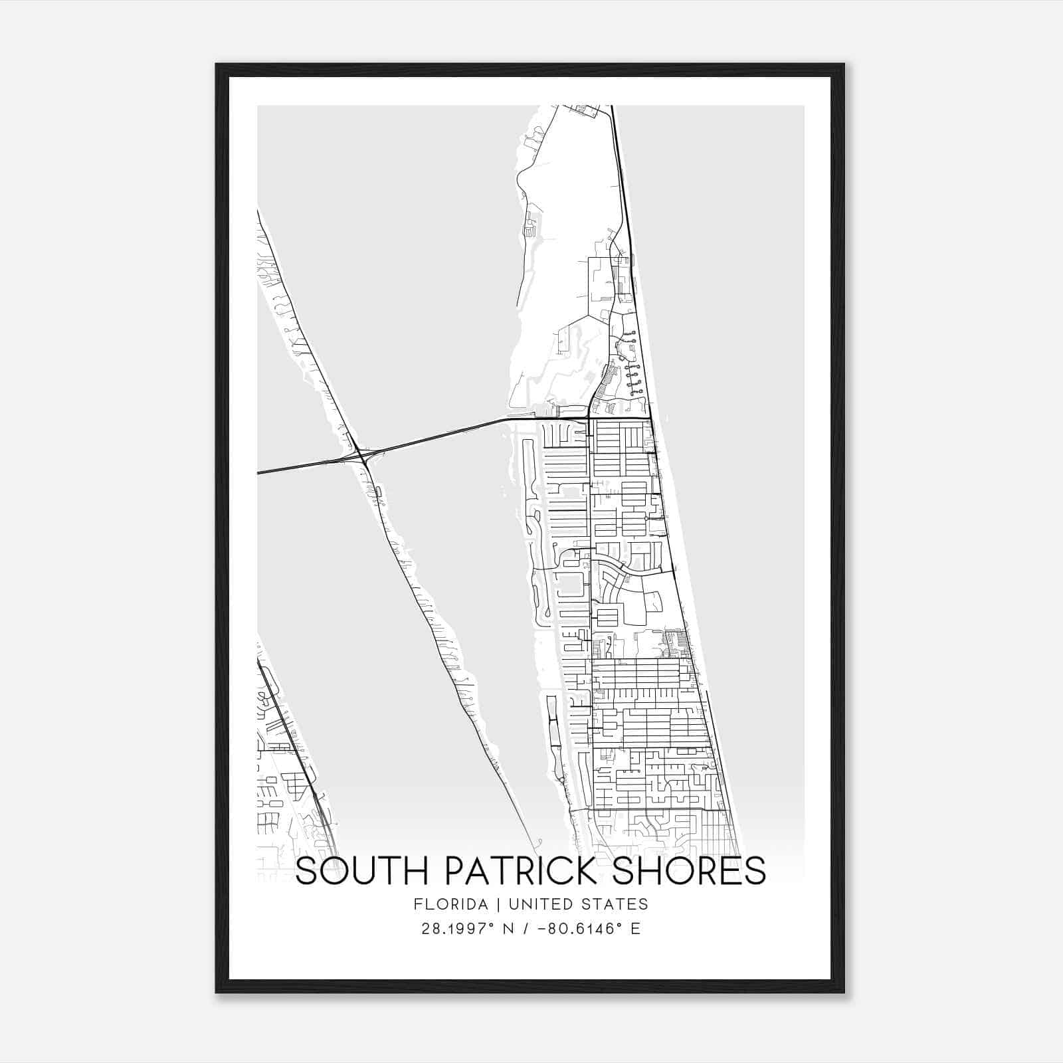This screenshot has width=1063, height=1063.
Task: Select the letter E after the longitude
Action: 636,929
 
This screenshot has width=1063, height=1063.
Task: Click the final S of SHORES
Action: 755,871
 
